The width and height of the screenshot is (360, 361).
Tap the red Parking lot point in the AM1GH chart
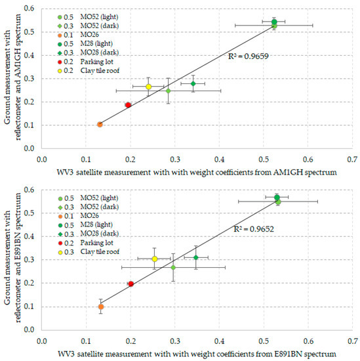point(128,105)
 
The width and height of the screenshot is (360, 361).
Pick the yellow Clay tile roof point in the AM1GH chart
point(148,87)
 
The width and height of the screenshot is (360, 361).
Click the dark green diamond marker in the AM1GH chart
point(193,83)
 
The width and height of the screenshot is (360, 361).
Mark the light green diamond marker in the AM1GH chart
point(168,91)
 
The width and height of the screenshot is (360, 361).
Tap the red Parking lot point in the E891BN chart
point(130,284)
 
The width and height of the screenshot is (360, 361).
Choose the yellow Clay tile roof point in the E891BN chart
point(154,259)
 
